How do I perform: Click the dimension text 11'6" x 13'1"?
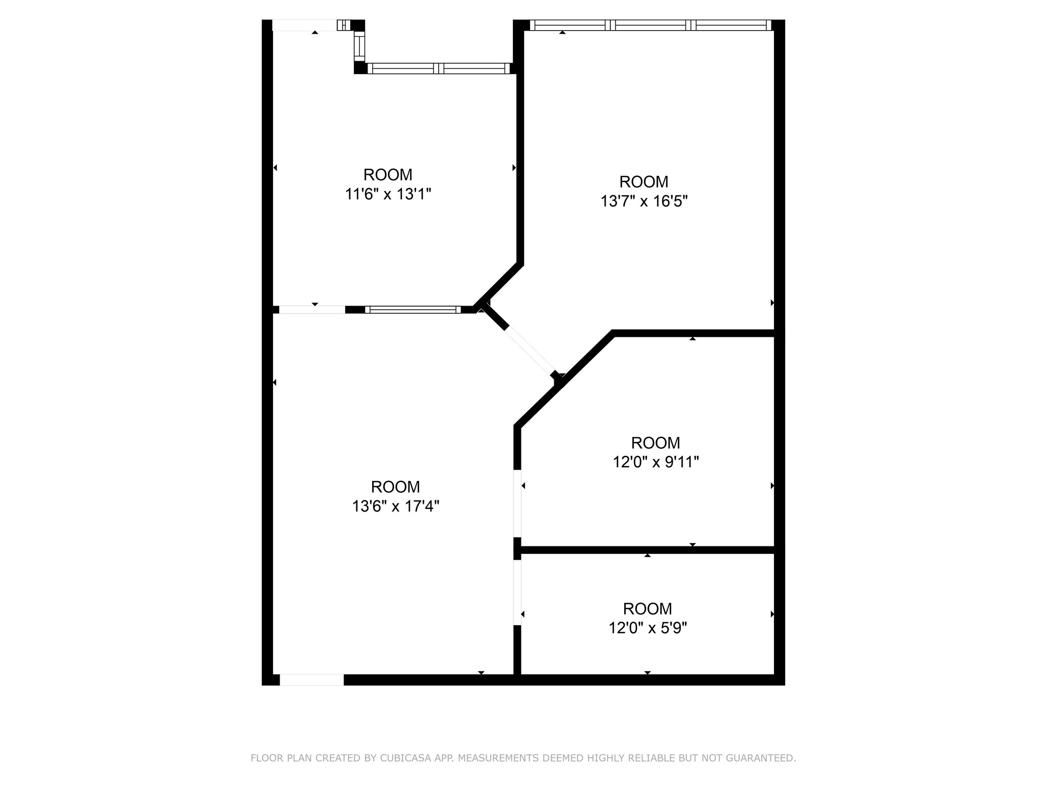(388, 194)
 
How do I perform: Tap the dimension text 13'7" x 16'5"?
(644, 201)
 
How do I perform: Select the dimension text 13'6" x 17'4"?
(395, 506)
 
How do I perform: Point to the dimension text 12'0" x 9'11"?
(655, 462)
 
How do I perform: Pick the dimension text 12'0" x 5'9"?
(647, 628)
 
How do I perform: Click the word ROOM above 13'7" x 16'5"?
(644, 182)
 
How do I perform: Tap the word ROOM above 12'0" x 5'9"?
(647, 609)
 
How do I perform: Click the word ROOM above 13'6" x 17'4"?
(395, 487)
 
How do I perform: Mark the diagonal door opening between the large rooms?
(531, 351)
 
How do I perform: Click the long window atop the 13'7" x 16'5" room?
(650, 25)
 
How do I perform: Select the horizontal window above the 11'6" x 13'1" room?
(439, 68)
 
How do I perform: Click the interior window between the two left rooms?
(413, 309)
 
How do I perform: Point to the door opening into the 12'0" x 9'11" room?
(517, 503)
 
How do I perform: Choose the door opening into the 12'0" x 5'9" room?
(517, 593)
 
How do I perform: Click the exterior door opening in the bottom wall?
(311, 680)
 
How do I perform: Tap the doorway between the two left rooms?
(312, 309)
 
